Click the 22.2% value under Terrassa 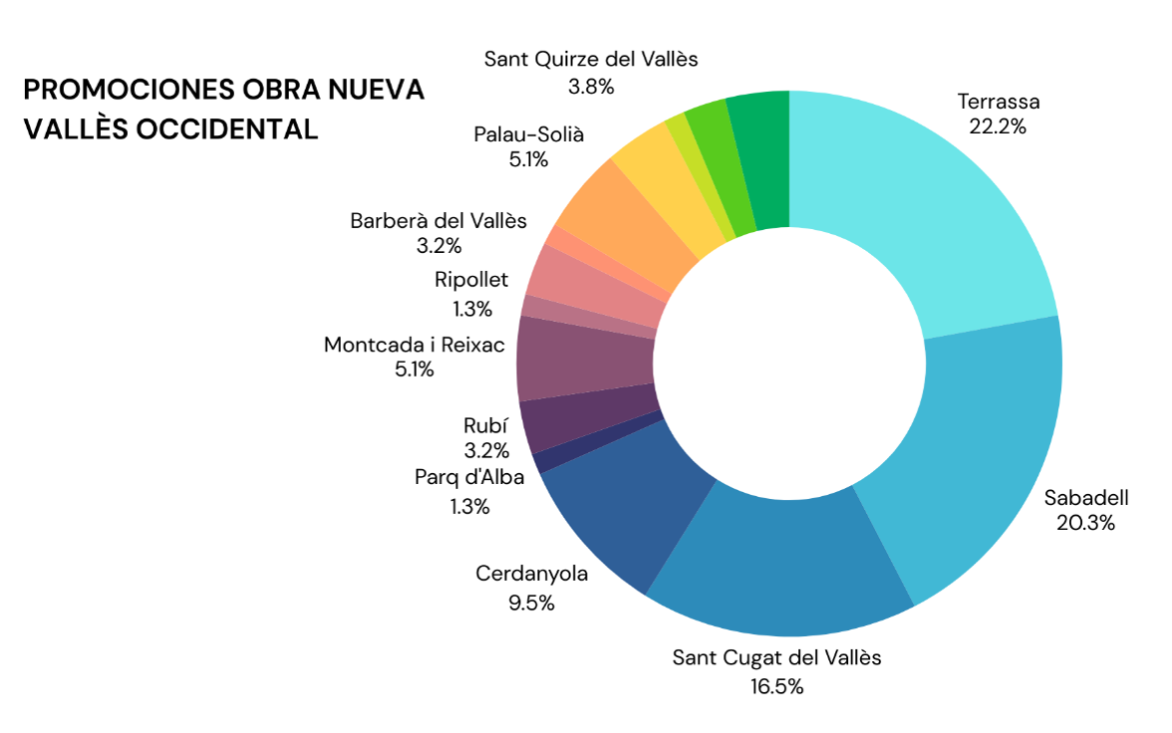[x=997, y=126]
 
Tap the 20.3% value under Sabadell [x=1085, y=522]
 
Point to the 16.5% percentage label [x=776, y=685]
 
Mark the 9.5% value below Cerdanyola [x=531, y=603]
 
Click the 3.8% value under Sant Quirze [x=591, y=86]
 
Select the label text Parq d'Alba [x=469, y=477]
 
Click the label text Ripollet [x=471, y=280]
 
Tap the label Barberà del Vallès [x=439, y=220]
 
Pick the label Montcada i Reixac [x=415, y=345]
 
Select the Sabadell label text [x=1085, y=497]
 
